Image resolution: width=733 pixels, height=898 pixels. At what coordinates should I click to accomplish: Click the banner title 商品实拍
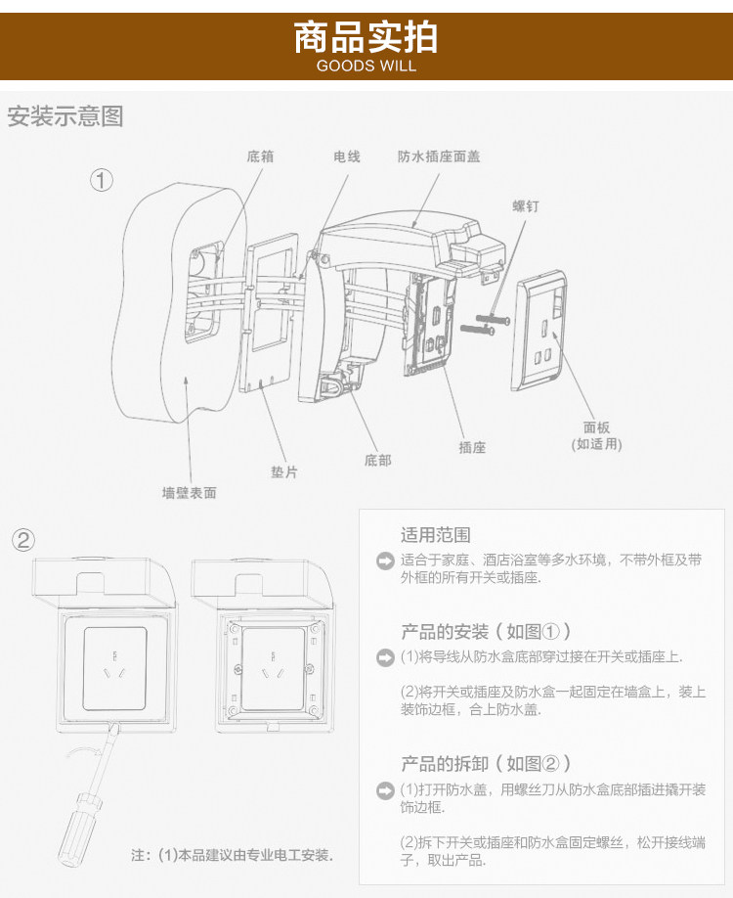point(366,37)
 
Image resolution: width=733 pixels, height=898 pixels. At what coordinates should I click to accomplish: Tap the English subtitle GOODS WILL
point(366,67)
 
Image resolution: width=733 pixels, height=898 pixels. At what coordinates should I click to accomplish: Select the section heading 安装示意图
point(65,117)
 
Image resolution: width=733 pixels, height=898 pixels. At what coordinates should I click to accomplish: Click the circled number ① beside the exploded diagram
point(102,180)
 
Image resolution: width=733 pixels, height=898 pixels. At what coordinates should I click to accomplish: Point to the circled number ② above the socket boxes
point(23,539)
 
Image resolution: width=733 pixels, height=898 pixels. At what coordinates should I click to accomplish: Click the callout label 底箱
point(260,157)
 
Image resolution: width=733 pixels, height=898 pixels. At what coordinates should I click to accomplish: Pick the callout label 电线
point(347,157)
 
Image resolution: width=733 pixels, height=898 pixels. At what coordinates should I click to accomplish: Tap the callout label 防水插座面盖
point(439,157)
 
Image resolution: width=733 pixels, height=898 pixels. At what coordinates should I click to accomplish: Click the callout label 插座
point(472,447)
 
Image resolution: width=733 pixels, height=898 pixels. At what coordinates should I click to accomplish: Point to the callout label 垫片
point(283,471)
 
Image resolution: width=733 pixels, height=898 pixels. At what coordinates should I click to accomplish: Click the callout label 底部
point(377,460)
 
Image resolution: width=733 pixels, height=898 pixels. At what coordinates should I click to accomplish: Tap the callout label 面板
point(596,427)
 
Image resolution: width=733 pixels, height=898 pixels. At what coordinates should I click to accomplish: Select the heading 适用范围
point(435,535)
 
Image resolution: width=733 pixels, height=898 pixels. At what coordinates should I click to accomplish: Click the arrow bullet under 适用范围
point(385,561)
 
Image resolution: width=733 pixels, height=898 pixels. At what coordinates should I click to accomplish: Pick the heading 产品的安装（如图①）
point(486,631)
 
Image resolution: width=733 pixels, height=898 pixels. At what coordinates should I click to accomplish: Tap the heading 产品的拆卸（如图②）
point(486,763)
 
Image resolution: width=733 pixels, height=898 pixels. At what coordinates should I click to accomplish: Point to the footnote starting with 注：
point(233,855)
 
